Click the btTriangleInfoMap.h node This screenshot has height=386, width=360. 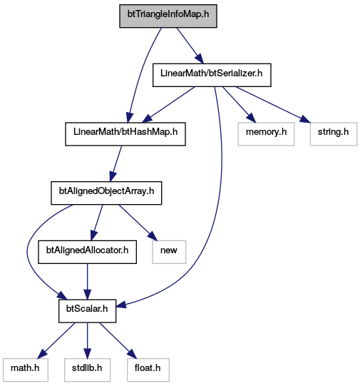click(168, 16)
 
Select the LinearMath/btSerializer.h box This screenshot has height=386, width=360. click(212, 75)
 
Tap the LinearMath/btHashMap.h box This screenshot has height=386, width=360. click(125, 134)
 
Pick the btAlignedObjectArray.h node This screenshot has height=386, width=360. click(106, 193)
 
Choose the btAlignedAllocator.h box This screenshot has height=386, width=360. click(87, 252)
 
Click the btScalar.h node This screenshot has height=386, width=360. click(87, 311)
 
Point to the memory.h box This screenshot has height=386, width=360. click(266, 134)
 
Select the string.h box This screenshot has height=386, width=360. click(334, 134)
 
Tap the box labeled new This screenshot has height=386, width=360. click(169, 252)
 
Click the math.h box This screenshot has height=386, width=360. click(26, 370)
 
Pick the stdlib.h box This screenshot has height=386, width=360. click(87, 370)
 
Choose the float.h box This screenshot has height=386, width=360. click(148, 370)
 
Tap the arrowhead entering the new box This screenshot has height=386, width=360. click(152, 236)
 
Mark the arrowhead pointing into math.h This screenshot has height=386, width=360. click(43, 353)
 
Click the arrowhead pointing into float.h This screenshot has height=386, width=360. click(132, 353)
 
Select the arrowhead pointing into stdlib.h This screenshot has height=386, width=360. click(87, 353)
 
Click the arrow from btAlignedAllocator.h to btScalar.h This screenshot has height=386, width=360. click(87, 282)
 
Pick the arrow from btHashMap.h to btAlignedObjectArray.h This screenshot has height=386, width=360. click(115, 163)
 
